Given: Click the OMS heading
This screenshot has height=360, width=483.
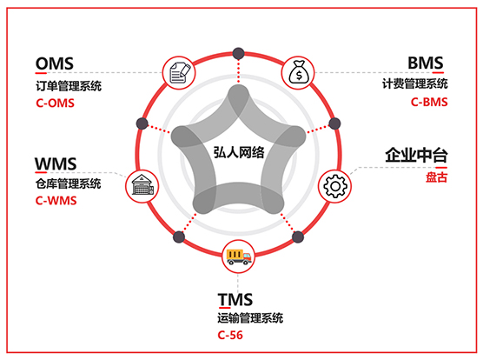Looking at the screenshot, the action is coord(55,63).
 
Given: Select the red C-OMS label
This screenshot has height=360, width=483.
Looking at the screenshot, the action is coord(55,103).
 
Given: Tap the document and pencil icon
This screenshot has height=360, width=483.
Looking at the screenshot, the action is coord(180,73).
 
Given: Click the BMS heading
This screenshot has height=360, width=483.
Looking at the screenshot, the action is coord(426,63).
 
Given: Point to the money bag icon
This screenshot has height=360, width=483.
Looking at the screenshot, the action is coord(298,72).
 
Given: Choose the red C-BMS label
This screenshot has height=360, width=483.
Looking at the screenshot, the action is coord(429,102).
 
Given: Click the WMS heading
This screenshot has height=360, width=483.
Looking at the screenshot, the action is coord(56,163).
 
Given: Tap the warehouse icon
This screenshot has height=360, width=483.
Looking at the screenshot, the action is coord(142,185).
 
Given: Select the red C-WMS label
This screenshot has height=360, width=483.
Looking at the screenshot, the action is coord(56,201).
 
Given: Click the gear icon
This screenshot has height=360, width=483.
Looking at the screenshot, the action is coord(334,186).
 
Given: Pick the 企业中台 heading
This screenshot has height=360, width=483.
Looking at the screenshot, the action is coord(416,155).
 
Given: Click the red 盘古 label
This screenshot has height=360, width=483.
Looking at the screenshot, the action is coord(436,177).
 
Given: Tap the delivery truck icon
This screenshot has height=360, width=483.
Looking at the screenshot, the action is coord(238,257).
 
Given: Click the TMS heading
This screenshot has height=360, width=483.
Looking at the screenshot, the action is coord(235,299).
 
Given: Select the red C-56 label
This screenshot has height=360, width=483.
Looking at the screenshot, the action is coord(230,335).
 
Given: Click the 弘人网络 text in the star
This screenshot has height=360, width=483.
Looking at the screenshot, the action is coord(239,152).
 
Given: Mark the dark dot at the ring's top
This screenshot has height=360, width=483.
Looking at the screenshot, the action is coord(238,53).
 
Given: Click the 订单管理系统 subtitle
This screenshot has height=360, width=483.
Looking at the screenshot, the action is coord(69,86).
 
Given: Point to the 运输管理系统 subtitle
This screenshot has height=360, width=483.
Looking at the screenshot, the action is coord(250,318).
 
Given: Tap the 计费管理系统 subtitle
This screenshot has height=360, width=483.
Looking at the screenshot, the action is coord(415,83).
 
